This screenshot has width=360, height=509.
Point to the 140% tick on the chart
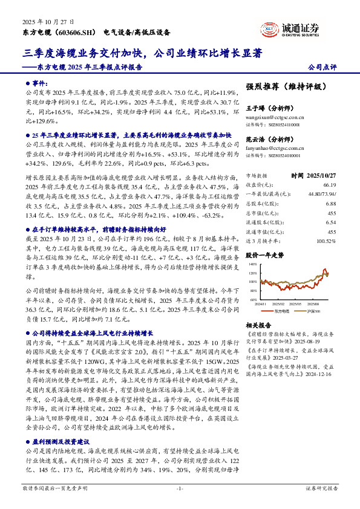[252, 264]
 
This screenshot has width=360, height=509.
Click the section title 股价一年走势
[264, 254]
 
